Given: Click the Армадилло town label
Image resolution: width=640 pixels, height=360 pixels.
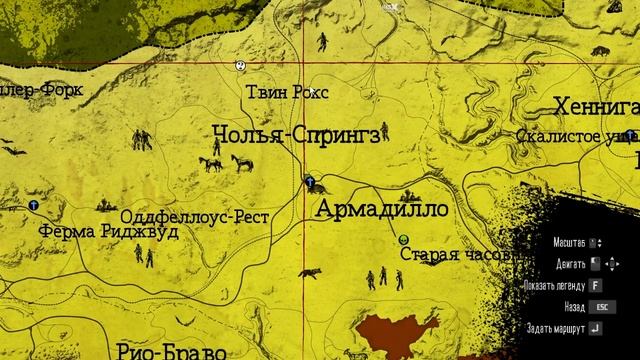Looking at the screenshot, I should [x=381, y=210].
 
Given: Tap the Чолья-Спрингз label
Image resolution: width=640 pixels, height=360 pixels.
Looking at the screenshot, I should [x=297, y=135].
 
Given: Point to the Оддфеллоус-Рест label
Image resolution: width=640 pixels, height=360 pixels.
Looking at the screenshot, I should [x=190, y=216].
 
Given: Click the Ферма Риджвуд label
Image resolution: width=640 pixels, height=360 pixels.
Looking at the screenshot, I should [x=95, y=231].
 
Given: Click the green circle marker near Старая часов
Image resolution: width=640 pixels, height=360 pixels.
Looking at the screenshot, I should [x=401, y=241].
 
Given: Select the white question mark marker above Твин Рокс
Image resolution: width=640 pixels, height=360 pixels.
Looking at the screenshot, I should [x=241, y=66].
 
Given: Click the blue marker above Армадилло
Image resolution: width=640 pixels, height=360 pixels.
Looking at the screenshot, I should [x=310, y=183].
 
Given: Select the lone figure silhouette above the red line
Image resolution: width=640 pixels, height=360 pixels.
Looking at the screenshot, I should [x=323, y=42].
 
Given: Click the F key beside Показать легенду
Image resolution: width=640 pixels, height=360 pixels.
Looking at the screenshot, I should [x=595, y=283].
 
